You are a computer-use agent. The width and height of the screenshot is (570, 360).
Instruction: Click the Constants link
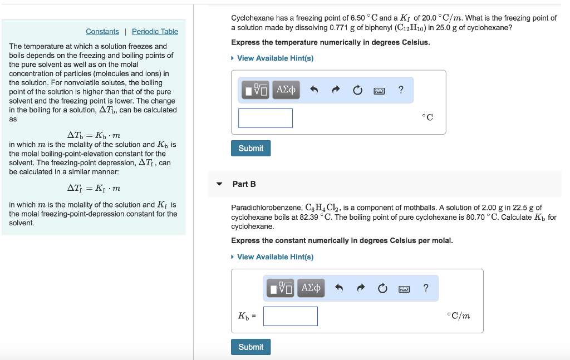click(102, 32)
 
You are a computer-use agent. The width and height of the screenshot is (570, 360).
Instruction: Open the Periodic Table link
click(155, 32)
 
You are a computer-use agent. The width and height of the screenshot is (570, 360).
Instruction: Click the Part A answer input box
click(266, 118)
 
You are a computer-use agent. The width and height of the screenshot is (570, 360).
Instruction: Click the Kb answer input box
click(291, 316)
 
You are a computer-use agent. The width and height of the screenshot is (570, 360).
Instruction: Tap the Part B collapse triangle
click(219, 184)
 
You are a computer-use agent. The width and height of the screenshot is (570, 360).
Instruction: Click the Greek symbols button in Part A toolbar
click(286, 90)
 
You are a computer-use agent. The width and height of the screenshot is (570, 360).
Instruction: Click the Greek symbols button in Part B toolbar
click(311, 288)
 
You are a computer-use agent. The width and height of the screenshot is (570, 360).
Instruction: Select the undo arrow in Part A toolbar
click(314, 90)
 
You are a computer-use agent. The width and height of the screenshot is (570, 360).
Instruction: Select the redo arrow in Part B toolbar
click(361, 288)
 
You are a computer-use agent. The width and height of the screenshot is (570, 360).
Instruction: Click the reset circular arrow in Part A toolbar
click(357, 90)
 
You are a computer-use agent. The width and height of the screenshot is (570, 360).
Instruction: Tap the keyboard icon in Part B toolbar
click(404, 288)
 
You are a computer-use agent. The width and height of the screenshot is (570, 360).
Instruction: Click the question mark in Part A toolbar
click(401, 90)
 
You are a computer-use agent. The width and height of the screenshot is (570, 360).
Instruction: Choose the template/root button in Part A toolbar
click(256, 90)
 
